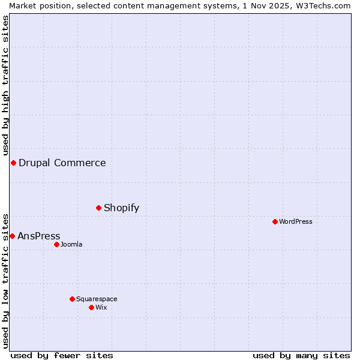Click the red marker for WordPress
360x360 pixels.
coord(275,221)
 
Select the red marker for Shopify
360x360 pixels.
coord(98,208)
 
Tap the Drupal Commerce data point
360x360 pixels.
coord(13,163)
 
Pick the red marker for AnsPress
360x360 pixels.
coord(12,236)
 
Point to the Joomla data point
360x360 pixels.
coord(56,244)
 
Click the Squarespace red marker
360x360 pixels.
coord(72,299)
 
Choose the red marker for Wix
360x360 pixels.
coord(91,307)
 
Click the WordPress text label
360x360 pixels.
coord(296,221)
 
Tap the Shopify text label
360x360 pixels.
coord(121,208)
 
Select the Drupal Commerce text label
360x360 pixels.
coord(62,163)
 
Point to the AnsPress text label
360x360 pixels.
coord(38,236)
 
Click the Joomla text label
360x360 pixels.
coord(71,244)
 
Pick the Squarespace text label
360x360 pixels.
coord(97,299)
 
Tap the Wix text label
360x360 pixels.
coord(101,307)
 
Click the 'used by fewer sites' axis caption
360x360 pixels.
coord(62,355)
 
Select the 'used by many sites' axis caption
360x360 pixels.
coord(301,355)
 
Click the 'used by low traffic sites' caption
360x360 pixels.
coord(5,280)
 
